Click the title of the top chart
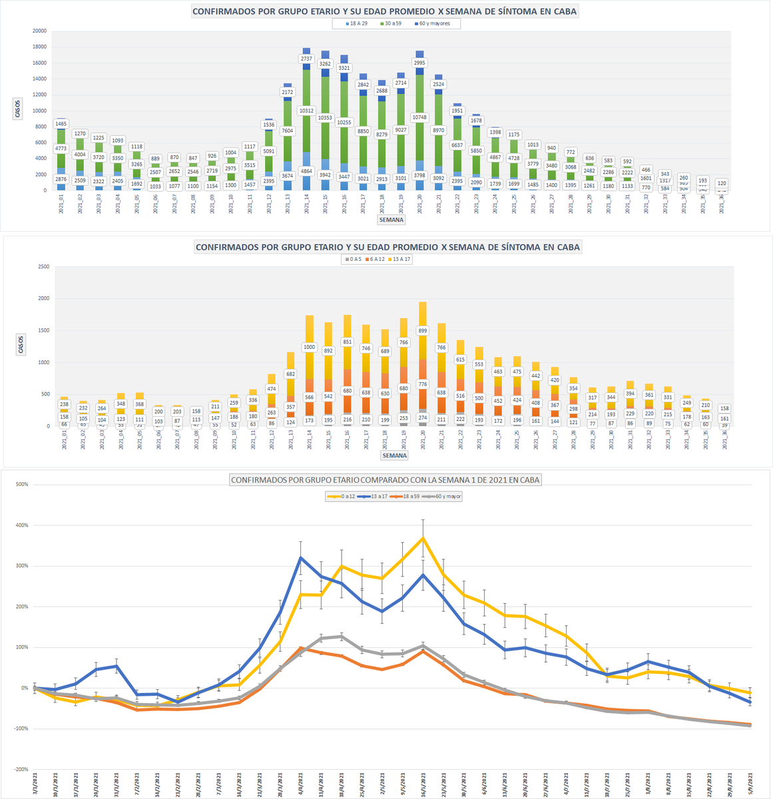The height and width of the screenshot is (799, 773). (385, 11)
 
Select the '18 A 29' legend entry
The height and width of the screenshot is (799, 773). (359, 24)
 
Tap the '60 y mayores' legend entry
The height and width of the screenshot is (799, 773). (433, 24)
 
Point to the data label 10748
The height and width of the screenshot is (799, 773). (419, 117)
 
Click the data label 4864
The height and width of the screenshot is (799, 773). (306, 171)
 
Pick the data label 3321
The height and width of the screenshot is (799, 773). (344, 68)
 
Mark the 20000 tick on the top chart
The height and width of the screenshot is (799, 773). (39, 31)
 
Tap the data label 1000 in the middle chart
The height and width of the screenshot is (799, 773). (310, 347)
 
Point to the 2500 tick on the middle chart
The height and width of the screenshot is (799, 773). (43, 267)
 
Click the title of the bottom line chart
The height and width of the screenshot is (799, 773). (386, 479)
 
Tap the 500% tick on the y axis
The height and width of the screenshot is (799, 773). (22, 485)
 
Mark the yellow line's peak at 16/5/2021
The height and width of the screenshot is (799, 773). (423, 538)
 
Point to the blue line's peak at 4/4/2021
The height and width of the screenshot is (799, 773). (300, 558)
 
